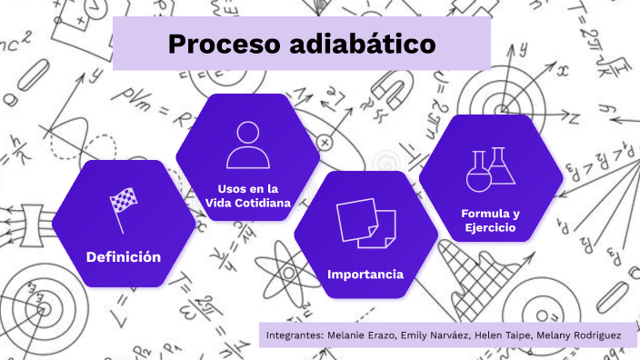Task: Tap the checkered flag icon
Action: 123,207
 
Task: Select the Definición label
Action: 124,257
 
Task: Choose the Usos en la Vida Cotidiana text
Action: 248,195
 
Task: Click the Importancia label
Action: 365,274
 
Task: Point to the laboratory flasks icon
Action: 490,167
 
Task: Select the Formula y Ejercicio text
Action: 490,220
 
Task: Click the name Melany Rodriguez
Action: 579,335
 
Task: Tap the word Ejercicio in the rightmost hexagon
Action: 490,227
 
